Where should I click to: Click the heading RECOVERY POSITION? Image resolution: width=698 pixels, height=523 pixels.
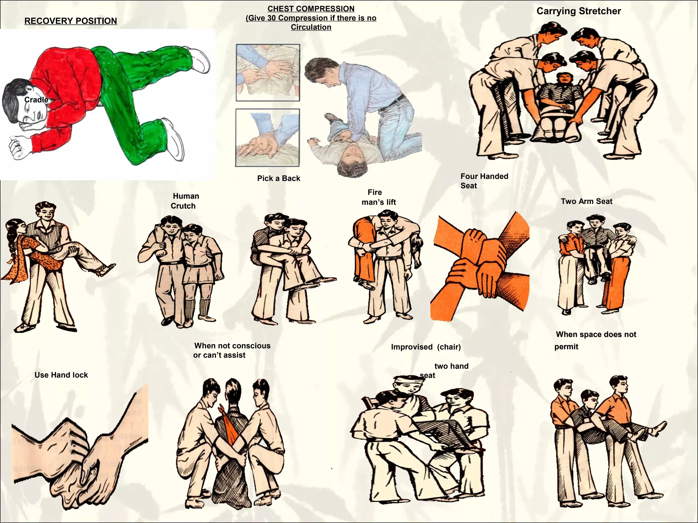click(71, 21)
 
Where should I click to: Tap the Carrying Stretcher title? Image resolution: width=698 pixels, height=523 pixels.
click(578, 11)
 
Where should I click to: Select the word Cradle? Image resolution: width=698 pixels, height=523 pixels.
click(36, 100)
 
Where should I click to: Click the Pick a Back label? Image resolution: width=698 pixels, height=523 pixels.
click(278, 178)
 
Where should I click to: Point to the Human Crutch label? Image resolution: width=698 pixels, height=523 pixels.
click(184, 201)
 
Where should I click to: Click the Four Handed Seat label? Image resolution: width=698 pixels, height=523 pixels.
click(484, 181)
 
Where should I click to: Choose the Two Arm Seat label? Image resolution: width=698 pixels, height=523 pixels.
click(586, 201)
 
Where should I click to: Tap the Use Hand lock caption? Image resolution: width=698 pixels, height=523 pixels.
click(61, 375)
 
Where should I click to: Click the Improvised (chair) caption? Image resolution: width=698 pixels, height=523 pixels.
click(426, 347)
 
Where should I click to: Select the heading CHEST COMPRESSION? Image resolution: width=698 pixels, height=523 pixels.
click(311, 9)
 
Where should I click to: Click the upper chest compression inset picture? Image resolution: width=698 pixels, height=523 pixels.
click(268, 73)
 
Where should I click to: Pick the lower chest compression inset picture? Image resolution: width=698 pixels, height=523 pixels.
click(268, 138)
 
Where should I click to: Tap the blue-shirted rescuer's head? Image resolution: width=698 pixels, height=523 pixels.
click(320, 72)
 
